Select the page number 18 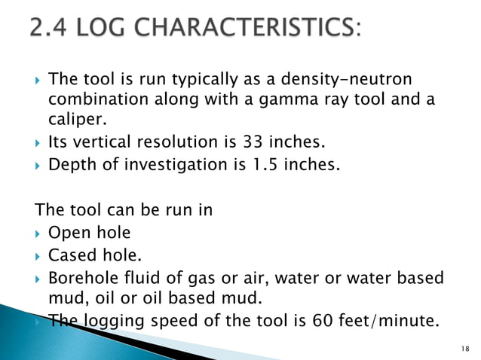462,346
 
